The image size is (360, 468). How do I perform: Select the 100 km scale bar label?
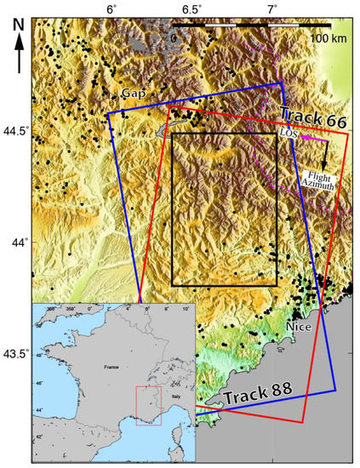point(328,38)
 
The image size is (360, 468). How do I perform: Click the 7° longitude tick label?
point(271,9)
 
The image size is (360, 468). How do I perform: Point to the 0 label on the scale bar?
point(173,38)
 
